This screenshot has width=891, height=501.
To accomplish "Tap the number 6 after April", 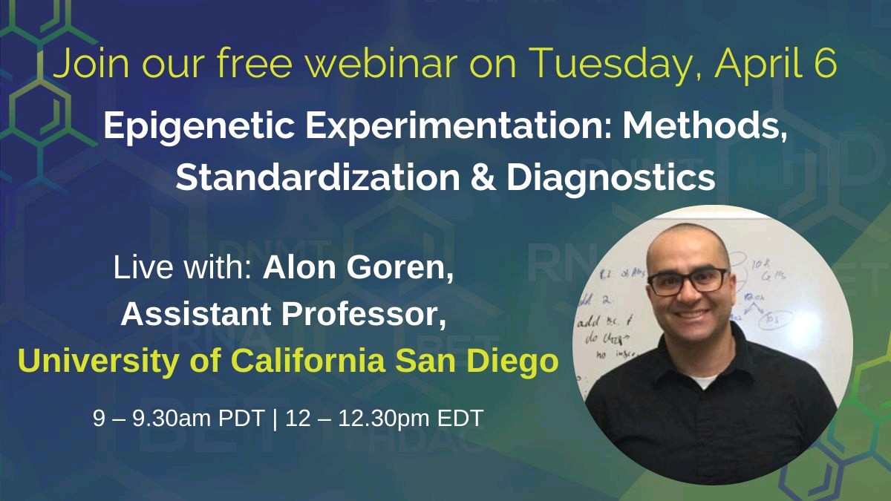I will [x=826, y=65].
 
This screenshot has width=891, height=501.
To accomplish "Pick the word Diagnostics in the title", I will [x=611, y=179].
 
